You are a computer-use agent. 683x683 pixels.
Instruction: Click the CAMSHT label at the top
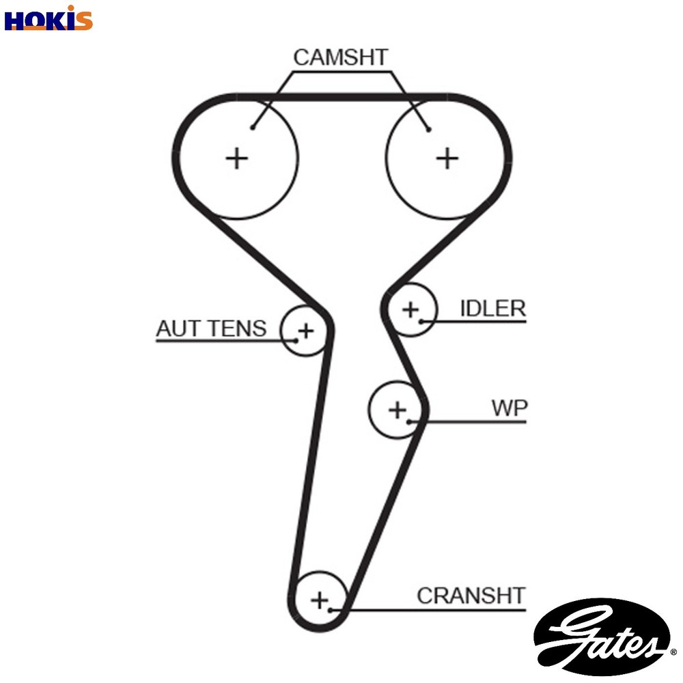coord(341,57)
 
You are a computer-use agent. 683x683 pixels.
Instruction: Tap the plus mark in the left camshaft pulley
coord(237,158)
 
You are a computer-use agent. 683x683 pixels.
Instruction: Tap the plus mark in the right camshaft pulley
coord(447,158)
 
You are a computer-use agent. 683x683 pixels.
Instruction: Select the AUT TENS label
coord(211,329)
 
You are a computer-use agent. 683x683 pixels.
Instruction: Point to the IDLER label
coord(492,309)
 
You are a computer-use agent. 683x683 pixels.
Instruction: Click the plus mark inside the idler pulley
coord(410,309)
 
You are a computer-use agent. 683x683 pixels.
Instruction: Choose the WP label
coord(510,408)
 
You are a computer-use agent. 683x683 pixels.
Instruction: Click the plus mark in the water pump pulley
coord(397,410)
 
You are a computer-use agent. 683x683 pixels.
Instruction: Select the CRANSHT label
coord(471,596)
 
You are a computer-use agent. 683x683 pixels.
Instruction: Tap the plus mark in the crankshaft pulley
coord(320,600)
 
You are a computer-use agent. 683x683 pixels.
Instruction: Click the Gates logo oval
coord(600,637)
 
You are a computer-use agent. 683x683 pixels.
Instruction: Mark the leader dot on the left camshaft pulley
coord(253,127)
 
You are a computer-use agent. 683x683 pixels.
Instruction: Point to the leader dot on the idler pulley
coord(423,321)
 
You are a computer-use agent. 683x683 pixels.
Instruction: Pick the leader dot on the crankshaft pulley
coord(331,609)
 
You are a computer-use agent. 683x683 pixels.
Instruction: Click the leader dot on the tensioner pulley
coord(296,339)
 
